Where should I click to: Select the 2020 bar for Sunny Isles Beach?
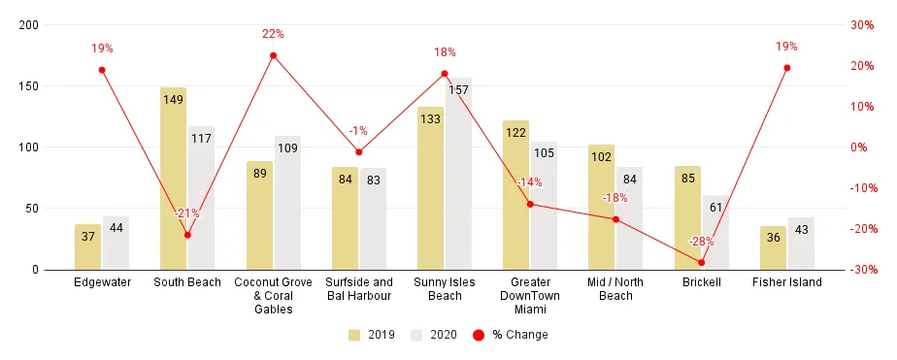(458, 174)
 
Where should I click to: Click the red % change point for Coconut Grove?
(273, 55)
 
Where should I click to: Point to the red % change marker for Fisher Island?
(786, 68)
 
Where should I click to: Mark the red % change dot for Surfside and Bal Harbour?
(359, 152)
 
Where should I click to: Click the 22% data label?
(273, 34)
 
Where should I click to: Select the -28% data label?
(701, 242)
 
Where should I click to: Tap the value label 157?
(458, 90)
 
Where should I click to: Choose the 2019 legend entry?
(369, 335)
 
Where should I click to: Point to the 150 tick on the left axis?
(29, 86)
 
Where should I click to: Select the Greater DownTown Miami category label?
(530, 296)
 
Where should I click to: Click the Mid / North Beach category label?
(615, 289)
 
